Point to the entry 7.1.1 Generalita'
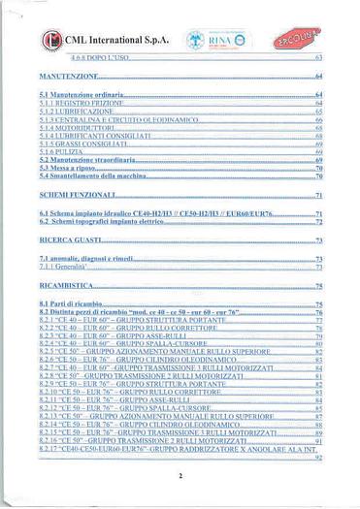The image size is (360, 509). (x=68, y=267)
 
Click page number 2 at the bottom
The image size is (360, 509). (x=180, y=476)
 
